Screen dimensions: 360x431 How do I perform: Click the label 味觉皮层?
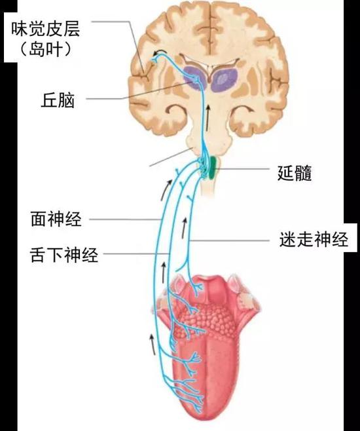tap(46, 29)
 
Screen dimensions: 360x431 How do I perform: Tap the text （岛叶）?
tap(46, 49)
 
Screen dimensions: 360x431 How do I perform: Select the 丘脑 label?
tap(58, 100)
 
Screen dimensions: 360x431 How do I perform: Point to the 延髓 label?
tap(295, 173)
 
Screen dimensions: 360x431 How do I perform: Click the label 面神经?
tap(56, 219)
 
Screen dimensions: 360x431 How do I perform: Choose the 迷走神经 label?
tap(314, 239)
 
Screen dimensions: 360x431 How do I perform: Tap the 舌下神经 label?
tap(64, 254)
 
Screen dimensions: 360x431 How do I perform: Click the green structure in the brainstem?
tap(212, 168)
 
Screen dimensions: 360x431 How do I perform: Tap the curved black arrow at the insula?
tap(160, 52)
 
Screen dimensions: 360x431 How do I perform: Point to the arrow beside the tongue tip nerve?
tap(153, 345)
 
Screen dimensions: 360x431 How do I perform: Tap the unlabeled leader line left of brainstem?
tap(170, 157)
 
